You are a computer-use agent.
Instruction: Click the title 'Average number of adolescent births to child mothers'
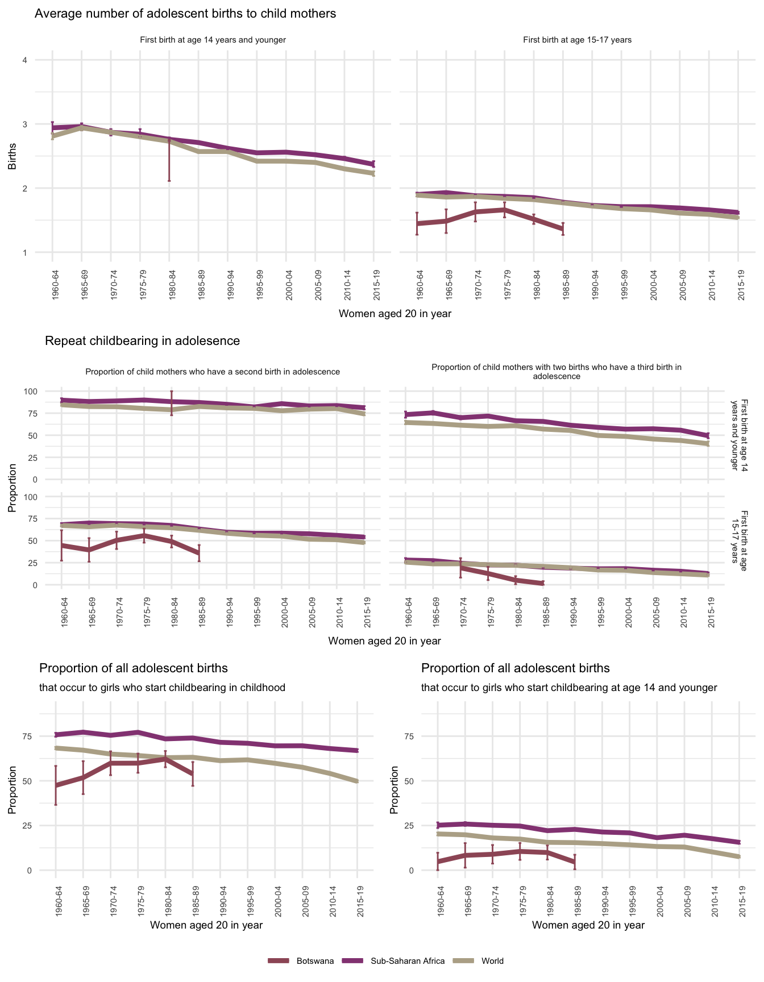click(185, 14)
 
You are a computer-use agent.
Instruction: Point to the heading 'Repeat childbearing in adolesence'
click(142, 341)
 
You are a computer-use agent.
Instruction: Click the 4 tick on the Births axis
click(25, 60)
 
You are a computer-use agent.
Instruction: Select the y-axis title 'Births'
click(12, 156)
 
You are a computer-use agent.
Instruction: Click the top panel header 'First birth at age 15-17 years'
click(577, 40)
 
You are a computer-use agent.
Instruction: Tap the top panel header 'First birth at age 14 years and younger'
click(213, 40)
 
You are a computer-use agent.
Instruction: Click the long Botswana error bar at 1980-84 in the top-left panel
click(169, 162)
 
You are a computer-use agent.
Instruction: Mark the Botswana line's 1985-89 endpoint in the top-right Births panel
click(563, 229)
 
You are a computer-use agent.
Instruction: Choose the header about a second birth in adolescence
click(213, 372)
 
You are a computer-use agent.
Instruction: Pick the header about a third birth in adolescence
click(556, 372)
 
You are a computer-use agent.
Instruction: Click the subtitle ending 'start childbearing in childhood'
click(162, 688)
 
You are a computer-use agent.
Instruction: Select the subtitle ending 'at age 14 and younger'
click(569, 688)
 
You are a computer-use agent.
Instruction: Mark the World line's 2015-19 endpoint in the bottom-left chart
click(357, 781)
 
